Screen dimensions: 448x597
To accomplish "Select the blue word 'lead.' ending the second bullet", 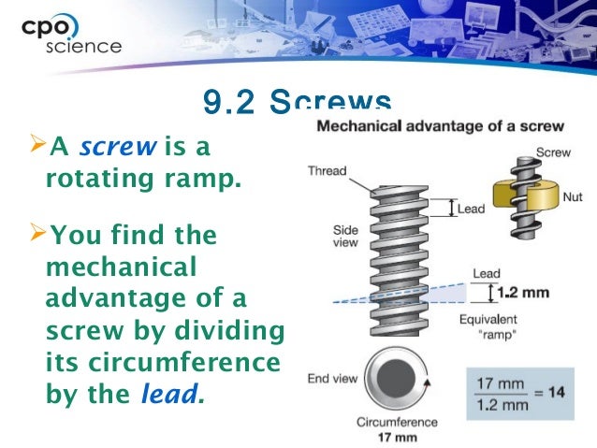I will tap(170, 393).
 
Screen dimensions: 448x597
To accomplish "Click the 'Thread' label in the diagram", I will tap(328, 171).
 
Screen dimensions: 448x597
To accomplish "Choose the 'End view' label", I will tap(332, 379).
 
